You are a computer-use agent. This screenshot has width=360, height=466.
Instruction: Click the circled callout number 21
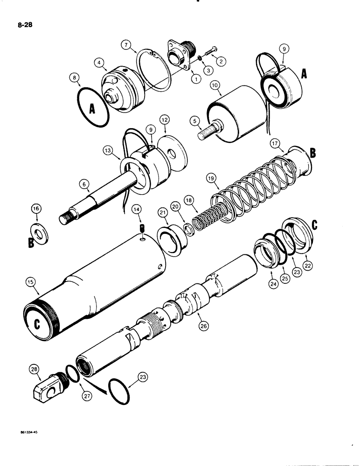pos(162,212)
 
